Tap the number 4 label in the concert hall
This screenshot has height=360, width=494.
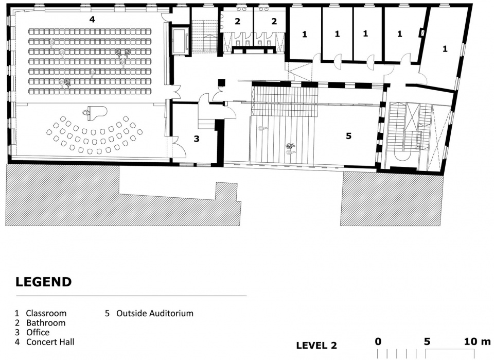click(92, 20)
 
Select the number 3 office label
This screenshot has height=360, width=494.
click(197, 139)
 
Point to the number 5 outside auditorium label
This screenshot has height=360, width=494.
click(348, 136)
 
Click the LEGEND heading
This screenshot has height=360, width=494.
click(44, 282)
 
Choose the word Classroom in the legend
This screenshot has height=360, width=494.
click(46, 313)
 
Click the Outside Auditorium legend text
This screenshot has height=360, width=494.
click(155, 313)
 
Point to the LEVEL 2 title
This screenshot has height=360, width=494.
click(316, 345)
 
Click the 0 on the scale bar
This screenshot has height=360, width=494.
click(378, 341)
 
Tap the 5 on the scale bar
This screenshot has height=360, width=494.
click(427, 341)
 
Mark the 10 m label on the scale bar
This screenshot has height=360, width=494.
click(478, 341)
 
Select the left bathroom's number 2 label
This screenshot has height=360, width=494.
click(237, 22)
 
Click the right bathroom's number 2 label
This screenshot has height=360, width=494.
click(274, 22)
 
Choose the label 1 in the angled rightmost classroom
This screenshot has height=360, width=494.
click(445, 49)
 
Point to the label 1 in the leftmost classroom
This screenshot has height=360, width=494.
click(304, 35)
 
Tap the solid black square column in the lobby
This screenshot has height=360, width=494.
click(222, 82)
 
